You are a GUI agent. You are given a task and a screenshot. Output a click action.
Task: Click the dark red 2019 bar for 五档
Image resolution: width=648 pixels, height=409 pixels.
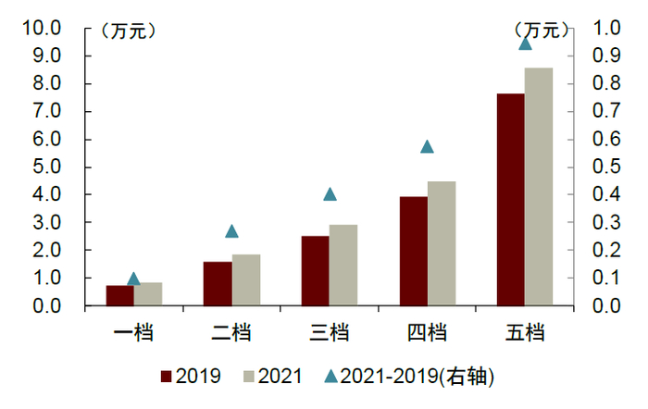point(510,199)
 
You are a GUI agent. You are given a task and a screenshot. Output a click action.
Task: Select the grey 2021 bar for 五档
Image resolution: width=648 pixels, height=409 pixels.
point(538,186)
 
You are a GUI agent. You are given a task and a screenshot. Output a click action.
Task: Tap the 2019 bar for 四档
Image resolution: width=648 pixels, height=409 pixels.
point(413,251)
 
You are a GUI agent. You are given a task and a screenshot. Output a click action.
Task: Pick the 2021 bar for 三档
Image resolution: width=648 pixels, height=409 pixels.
point(343,265)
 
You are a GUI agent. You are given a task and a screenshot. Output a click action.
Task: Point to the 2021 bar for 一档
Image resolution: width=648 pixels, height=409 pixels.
point(148,293)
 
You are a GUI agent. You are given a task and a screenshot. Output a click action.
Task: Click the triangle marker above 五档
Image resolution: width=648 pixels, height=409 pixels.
point(525,43)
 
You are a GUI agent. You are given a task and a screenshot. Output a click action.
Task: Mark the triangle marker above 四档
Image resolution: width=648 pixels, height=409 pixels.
point(427,146)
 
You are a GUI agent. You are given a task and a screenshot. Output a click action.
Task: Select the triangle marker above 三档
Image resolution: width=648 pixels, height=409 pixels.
point(330,194)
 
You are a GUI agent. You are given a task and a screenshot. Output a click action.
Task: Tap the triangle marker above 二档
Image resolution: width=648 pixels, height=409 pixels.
point(231,231)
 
